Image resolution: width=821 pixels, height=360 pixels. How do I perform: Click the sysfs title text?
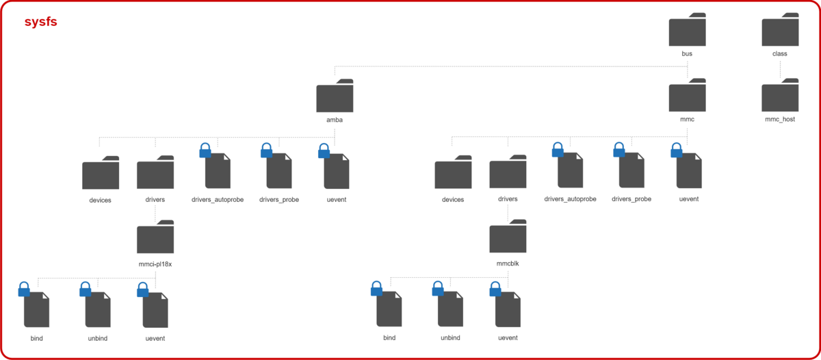point(40,22)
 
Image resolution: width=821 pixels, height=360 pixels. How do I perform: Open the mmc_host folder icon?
point(780,97)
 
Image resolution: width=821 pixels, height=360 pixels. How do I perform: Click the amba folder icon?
point(335,97)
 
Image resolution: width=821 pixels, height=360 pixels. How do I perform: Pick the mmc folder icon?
point(687,97)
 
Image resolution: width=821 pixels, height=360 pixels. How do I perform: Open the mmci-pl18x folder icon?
point(155,238)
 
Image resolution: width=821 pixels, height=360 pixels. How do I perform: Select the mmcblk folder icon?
point(508,238)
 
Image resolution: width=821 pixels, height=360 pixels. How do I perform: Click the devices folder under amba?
point(101,175)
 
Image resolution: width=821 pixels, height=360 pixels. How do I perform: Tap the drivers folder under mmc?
point(508,174)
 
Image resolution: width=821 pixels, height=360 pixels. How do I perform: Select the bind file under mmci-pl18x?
point(37,310)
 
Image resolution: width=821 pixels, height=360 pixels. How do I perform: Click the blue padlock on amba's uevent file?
point(324,151)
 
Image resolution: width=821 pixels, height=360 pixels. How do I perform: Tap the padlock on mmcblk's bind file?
point(376,290)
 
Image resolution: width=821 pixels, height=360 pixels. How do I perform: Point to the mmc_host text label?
point(780,119)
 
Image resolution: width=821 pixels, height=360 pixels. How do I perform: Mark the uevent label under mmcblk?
point(508,338)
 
